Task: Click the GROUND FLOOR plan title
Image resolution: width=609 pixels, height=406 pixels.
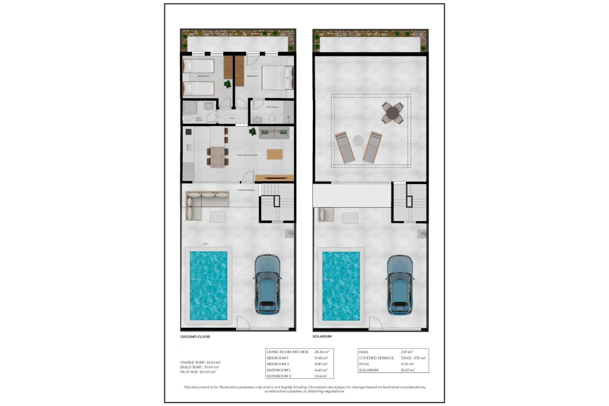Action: click(x=195, y=337)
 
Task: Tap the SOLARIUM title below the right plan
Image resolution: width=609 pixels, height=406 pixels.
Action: click(x=322, y=336)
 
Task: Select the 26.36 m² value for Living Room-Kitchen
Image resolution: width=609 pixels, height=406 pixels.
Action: click(x=322, y=352)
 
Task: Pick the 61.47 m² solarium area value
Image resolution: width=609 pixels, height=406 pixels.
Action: click(x=408, y=370)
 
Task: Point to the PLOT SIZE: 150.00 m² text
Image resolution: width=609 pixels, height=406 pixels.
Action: click(x=198, y=372)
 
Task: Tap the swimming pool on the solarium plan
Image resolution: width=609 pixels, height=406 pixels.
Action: click(x=341, y=286)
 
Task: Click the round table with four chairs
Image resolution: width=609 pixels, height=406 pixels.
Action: click(x=393, y=113)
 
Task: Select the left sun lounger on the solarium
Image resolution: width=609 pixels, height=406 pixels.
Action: click(x=345, y=148)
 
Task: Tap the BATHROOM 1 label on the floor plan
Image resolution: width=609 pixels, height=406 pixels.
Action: click(x=272, y=107)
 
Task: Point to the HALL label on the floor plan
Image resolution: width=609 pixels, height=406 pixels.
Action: click(x=232, y=118)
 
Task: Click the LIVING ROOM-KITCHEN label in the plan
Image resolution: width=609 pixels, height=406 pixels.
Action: click(x=247, y=155)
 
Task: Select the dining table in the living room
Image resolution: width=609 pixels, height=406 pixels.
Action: click(x=218, y=157)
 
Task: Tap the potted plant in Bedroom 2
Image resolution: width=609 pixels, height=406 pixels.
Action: click(x=227, y=84)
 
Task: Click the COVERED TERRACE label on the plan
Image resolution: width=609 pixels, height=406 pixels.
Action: click(x=246, y=190)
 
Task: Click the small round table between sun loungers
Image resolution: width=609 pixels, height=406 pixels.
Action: click(x=358, y=140)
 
